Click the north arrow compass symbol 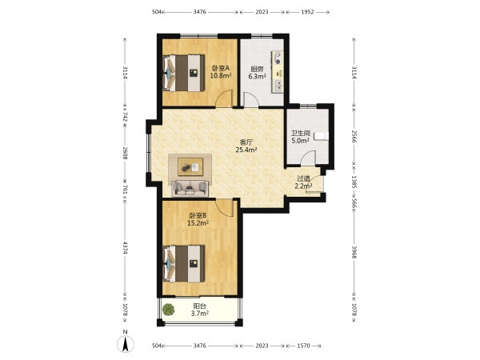(x=126, y=343)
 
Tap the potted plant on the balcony (x=168, y=310)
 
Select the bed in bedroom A (x=184, y=73)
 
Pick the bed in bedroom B (x=184, y=263)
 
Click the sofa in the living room (x=190, y=189)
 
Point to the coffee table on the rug (x=190, y=166)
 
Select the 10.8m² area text (x=221, y=75)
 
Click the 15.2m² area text (x=198, y=223)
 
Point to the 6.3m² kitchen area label (x=257, y=76)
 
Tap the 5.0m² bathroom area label (x=300, y=141)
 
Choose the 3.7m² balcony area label (x=200, y=313)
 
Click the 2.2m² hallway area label (x=303, y=186)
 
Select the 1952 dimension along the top (x=308, y=12)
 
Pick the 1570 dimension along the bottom (x=304, y=346)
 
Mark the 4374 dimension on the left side (x=126, y=248)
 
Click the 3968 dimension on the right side (x=354, y=252)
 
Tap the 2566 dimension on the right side (x=354, y=137)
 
